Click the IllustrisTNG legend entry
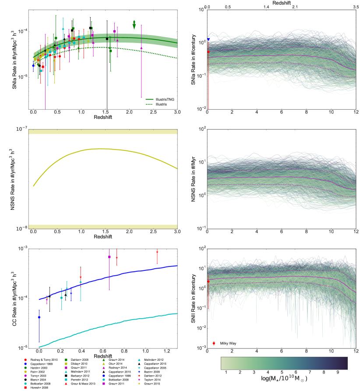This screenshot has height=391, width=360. [x=163, y=100]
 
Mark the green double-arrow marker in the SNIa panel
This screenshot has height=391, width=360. [x=134, y=25]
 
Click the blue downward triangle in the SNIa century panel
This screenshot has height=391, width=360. [x=208, y=39]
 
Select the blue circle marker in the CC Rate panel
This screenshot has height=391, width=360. [x=39, y=317]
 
